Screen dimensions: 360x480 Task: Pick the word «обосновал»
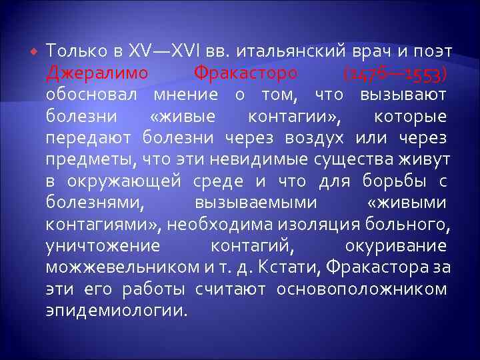tap(94, 94)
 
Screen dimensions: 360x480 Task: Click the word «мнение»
tap(191, 94)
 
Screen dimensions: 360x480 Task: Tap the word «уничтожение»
tap(103, 245)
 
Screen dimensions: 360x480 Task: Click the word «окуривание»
tap(396, 245)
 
